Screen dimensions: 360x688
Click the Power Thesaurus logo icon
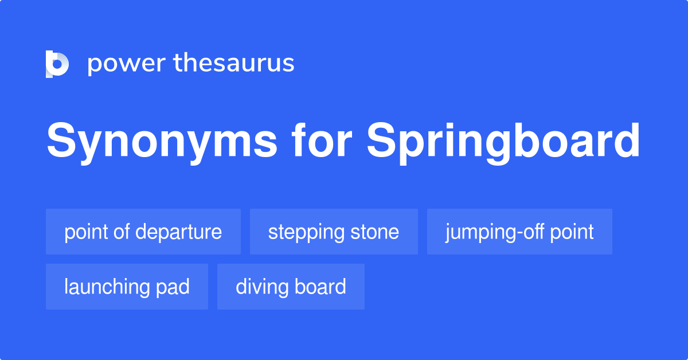57,63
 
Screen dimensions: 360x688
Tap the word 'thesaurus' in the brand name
234,63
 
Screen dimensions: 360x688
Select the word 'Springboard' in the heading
503,142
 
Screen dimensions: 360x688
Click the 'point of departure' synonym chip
143,232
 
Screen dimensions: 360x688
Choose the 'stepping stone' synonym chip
334,232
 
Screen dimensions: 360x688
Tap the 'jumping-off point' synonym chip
519,232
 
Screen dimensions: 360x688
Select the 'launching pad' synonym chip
127,287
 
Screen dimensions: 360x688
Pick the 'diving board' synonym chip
291,287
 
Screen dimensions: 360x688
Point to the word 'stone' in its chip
375,232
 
